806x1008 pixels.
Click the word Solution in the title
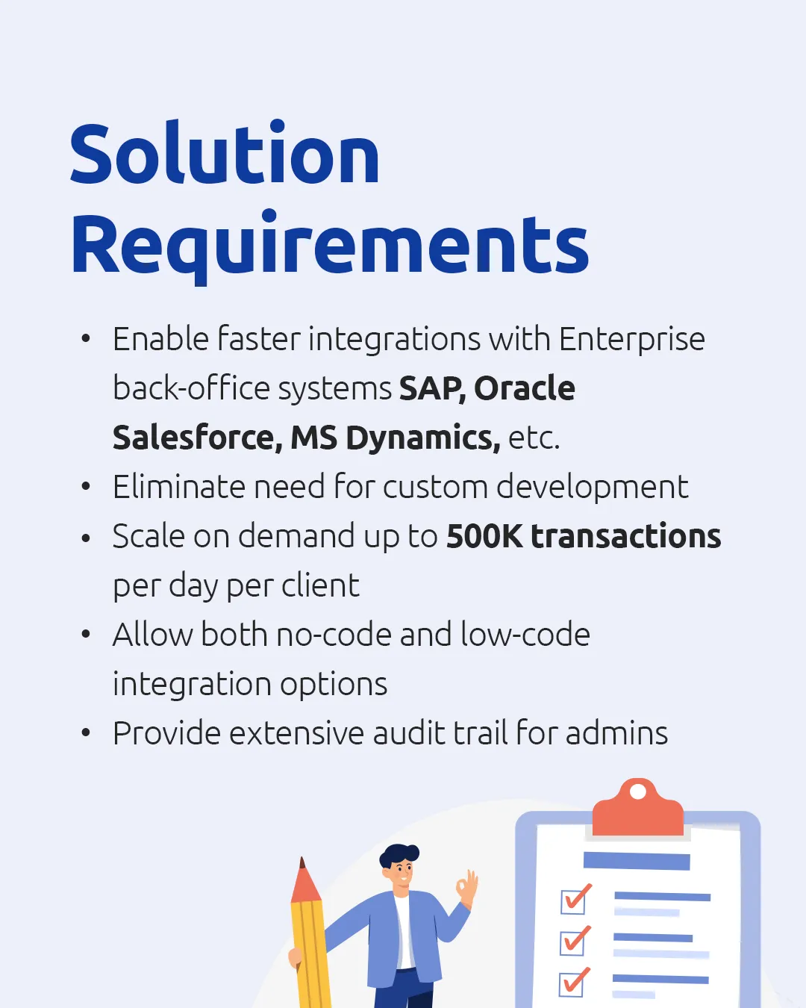pos(225,154)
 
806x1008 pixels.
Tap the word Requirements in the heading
pos(330,245)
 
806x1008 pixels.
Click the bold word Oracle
pos(525,388)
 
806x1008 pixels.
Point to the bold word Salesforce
pos(196,438)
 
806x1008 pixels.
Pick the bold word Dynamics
pos(422,438)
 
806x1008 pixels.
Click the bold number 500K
pos(484,536)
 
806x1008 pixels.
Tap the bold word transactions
pos(625,536)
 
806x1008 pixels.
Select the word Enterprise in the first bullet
pos(631,339)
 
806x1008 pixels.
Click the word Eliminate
pos(179,487)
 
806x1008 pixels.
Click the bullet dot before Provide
pos(86,733)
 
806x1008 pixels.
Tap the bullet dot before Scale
pos(86,536)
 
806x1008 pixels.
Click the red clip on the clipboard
pos(637,810)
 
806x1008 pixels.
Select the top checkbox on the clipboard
pos(574,900)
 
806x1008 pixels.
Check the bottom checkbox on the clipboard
pos(573,983)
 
